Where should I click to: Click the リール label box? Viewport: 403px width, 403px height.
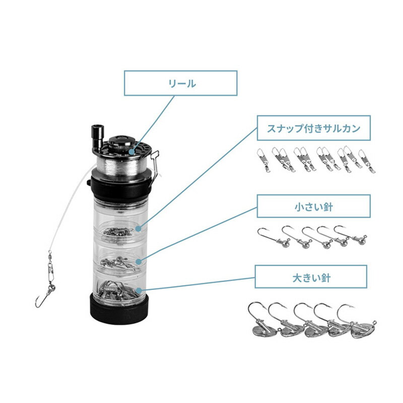click(180, 83)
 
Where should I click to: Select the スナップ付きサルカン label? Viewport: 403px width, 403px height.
click(313, 128)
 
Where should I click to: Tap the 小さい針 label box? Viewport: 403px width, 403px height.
click(313, 207)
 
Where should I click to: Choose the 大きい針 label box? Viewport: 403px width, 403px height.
click(311, 277)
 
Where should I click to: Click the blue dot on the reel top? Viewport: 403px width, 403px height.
click(131, 152)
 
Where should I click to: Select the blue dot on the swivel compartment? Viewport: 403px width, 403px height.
click(139, 228)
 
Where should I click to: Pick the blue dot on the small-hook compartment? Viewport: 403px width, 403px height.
click(139, 261)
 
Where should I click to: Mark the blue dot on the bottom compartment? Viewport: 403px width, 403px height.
click(139, 291)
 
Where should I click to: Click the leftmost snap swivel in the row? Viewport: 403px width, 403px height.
click(263, 160)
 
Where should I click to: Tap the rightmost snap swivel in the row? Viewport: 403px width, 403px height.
click(367, 161)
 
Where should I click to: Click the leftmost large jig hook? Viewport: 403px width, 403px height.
click(262, 321)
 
